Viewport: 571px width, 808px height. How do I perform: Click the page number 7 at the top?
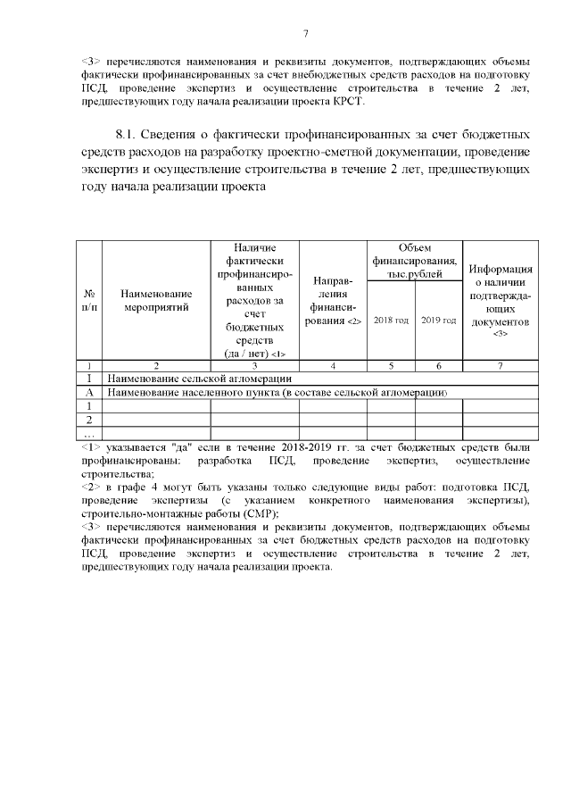[x=305, y=35]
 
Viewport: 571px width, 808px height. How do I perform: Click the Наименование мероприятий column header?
[x=156, y=300]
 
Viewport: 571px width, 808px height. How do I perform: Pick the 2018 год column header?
[x=391, y=320]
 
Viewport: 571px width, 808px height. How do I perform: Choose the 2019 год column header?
[x=438, y=320]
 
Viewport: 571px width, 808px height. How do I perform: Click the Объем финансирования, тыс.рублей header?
[x=415, y=261]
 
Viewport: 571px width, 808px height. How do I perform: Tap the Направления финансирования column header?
[x=333, y=300]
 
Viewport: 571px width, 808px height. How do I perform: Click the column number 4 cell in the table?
[x=333, y=365]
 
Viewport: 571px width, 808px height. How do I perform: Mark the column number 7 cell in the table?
[x=501, y=365]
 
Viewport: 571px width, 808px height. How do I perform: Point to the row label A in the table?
[x=89, y=392]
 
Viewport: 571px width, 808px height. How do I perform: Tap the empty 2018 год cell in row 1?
[x=391, y=405]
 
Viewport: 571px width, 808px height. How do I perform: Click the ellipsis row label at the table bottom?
[x=89, y=433]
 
